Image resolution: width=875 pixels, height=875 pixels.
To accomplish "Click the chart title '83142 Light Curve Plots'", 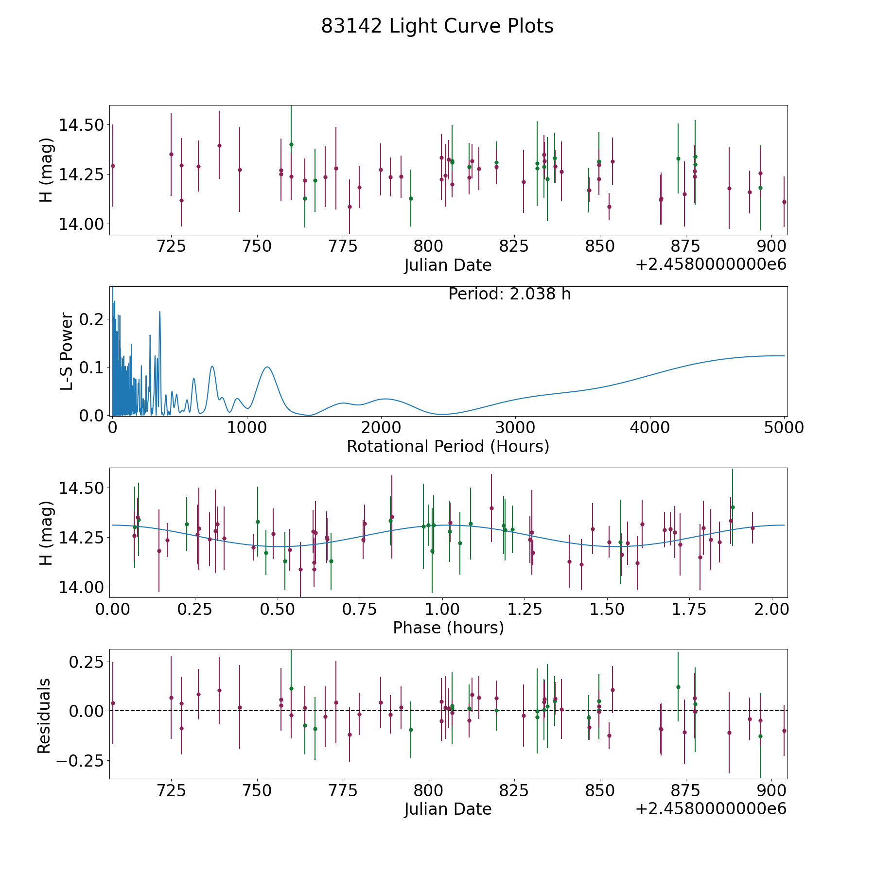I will coord(437,26).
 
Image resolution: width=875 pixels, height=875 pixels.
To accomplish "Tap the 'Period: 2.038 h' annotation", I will coord(509,294).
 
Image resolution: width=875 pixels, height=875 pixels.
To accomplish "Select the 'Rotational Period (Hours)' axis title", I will coord(448,446).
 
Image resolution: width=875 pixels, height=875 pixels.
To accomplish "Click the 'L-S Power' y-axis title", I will coord(67,351).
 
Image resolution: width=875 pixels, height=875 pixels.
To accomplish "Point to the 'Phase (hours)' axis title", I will coord(448,628).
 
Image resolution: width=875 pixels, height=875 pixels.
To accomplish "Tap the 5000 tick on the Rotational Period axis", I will coord(784,428).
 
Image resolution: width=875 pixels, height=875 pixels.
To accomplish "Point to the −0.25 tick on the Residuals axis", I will coord(80,760).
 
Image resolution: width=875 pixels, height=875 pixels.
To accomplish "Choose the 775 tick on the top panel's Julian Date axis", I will coord(343,246).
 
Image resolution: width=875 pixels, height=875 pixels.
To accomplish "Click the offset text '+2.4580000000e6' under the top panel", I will coord(711,264).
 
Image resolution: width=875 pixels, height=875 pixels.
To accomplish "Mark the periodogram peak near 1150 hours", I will coord(267,367).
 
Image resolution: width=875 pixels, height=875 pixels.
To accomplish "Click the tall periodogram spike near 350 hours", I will coord(159,312).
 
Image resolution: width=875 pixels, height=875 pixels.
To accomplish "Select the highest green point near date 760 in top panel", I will coord(291,144).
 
